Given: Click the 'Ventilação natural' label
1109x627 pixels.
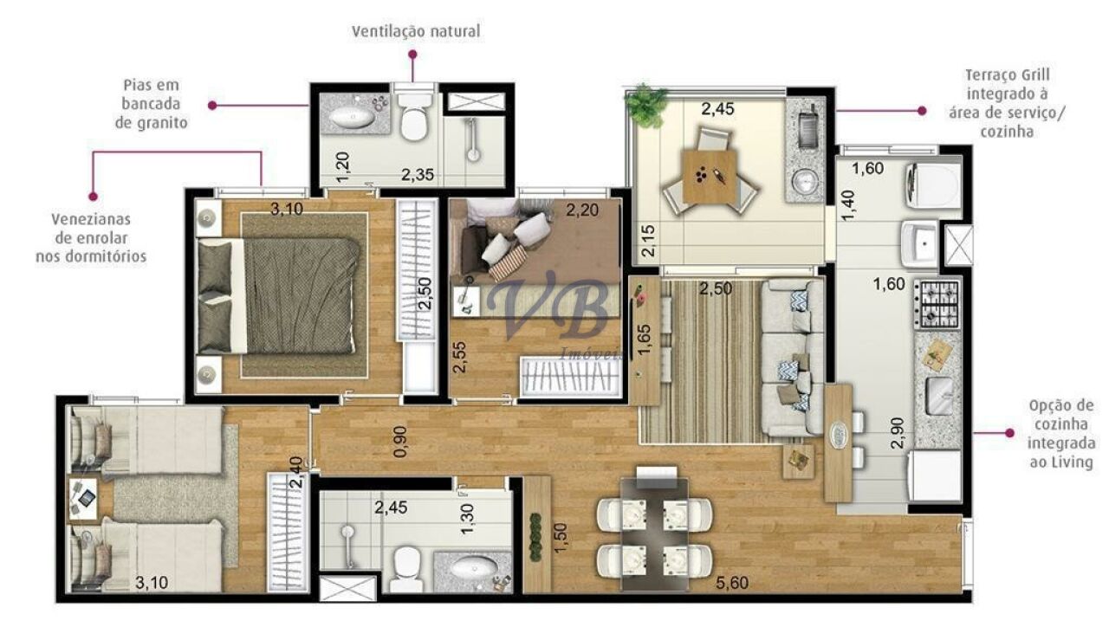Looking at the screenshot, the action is (416, 32).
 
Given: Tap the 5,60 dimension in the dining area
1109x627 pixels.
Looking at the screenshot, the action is (732, 583).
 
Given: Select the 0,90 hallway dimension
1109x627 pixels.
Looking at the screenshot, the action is (400, 442).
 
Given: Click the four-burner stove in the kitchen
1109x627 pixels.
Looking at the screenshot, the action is (937, 303).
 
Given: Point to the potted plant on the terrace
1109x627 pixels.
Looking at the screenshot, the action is (645, 106).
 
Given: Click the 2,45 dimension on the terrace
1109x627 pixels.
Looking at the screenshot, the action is (717, 109).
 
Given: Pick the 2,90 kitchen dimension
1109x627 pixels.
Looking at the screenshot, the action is (897, 433).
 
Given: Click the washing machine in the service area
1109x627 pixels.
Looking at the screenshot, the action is (933, 185).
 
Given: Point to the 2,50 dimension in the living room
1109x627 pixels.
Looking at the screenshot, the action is (716, 288).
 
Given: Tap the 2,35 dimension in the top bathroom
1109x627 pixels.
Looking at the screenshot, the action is (418, 174).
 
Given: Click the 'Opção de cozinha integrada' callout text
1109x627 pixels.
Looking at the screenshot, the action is (1061, 434).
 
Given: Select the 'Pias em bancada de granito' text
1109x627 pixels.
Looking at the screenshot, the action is (151, 104).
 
